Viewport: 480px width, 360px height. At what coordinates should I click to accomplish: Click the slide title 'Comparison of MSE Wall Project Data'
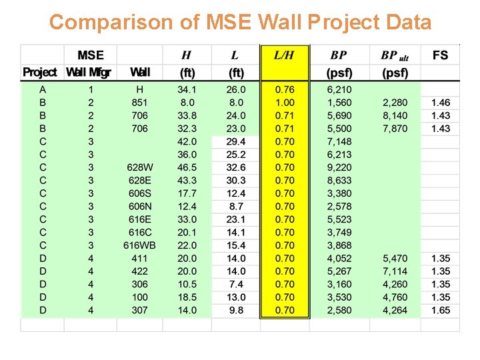pos(240,22)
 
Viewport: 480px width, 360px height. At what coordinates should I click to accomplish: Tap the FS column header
pos(440,55)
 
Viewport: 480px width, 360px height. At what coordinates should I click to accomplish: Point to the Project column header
pos(42,72)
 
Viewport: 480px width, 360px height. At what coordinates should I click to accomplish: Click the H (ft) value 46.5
pos(187,167)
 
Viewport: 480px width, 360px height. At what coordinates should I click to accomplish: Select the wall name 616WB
pos(140,245)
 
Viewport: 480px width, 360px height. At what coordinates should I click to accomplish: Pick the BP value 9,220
pos(339,167)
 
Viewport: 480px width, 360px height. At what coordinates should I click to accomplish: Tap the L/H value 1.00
pos(285,103)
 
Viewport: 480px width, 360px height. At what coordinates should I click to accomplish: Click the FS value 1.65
pos(440,310)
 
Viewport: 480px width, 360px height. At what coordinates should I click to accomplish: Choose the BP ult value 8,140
pos(395,115)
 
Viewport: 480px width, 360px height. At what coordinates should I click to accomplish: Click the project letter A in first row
pos(43,89)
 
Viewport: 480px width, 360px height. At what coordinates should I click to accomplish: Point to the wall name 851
pos(140,103)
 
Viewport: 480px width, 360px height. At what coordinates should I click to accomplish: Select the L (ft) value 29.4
pos(235,141)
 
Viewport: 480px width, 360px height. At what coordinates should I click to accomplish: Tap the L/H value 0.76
pos(285,89)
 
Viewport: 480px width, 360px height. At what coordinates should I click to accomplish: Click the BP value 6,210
pos(339,89)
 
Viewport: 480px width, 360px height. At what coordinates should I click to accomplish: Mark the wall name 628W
pos(140,167)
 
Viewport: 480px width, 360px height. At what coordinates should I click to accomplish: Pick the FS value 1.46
pos(440,103)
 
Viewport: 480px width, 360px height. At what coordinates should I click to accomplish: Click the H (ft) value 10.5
pos(187,284)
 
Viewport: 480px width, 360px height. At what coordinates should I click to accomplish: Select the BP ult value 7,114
pos(395,271)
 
